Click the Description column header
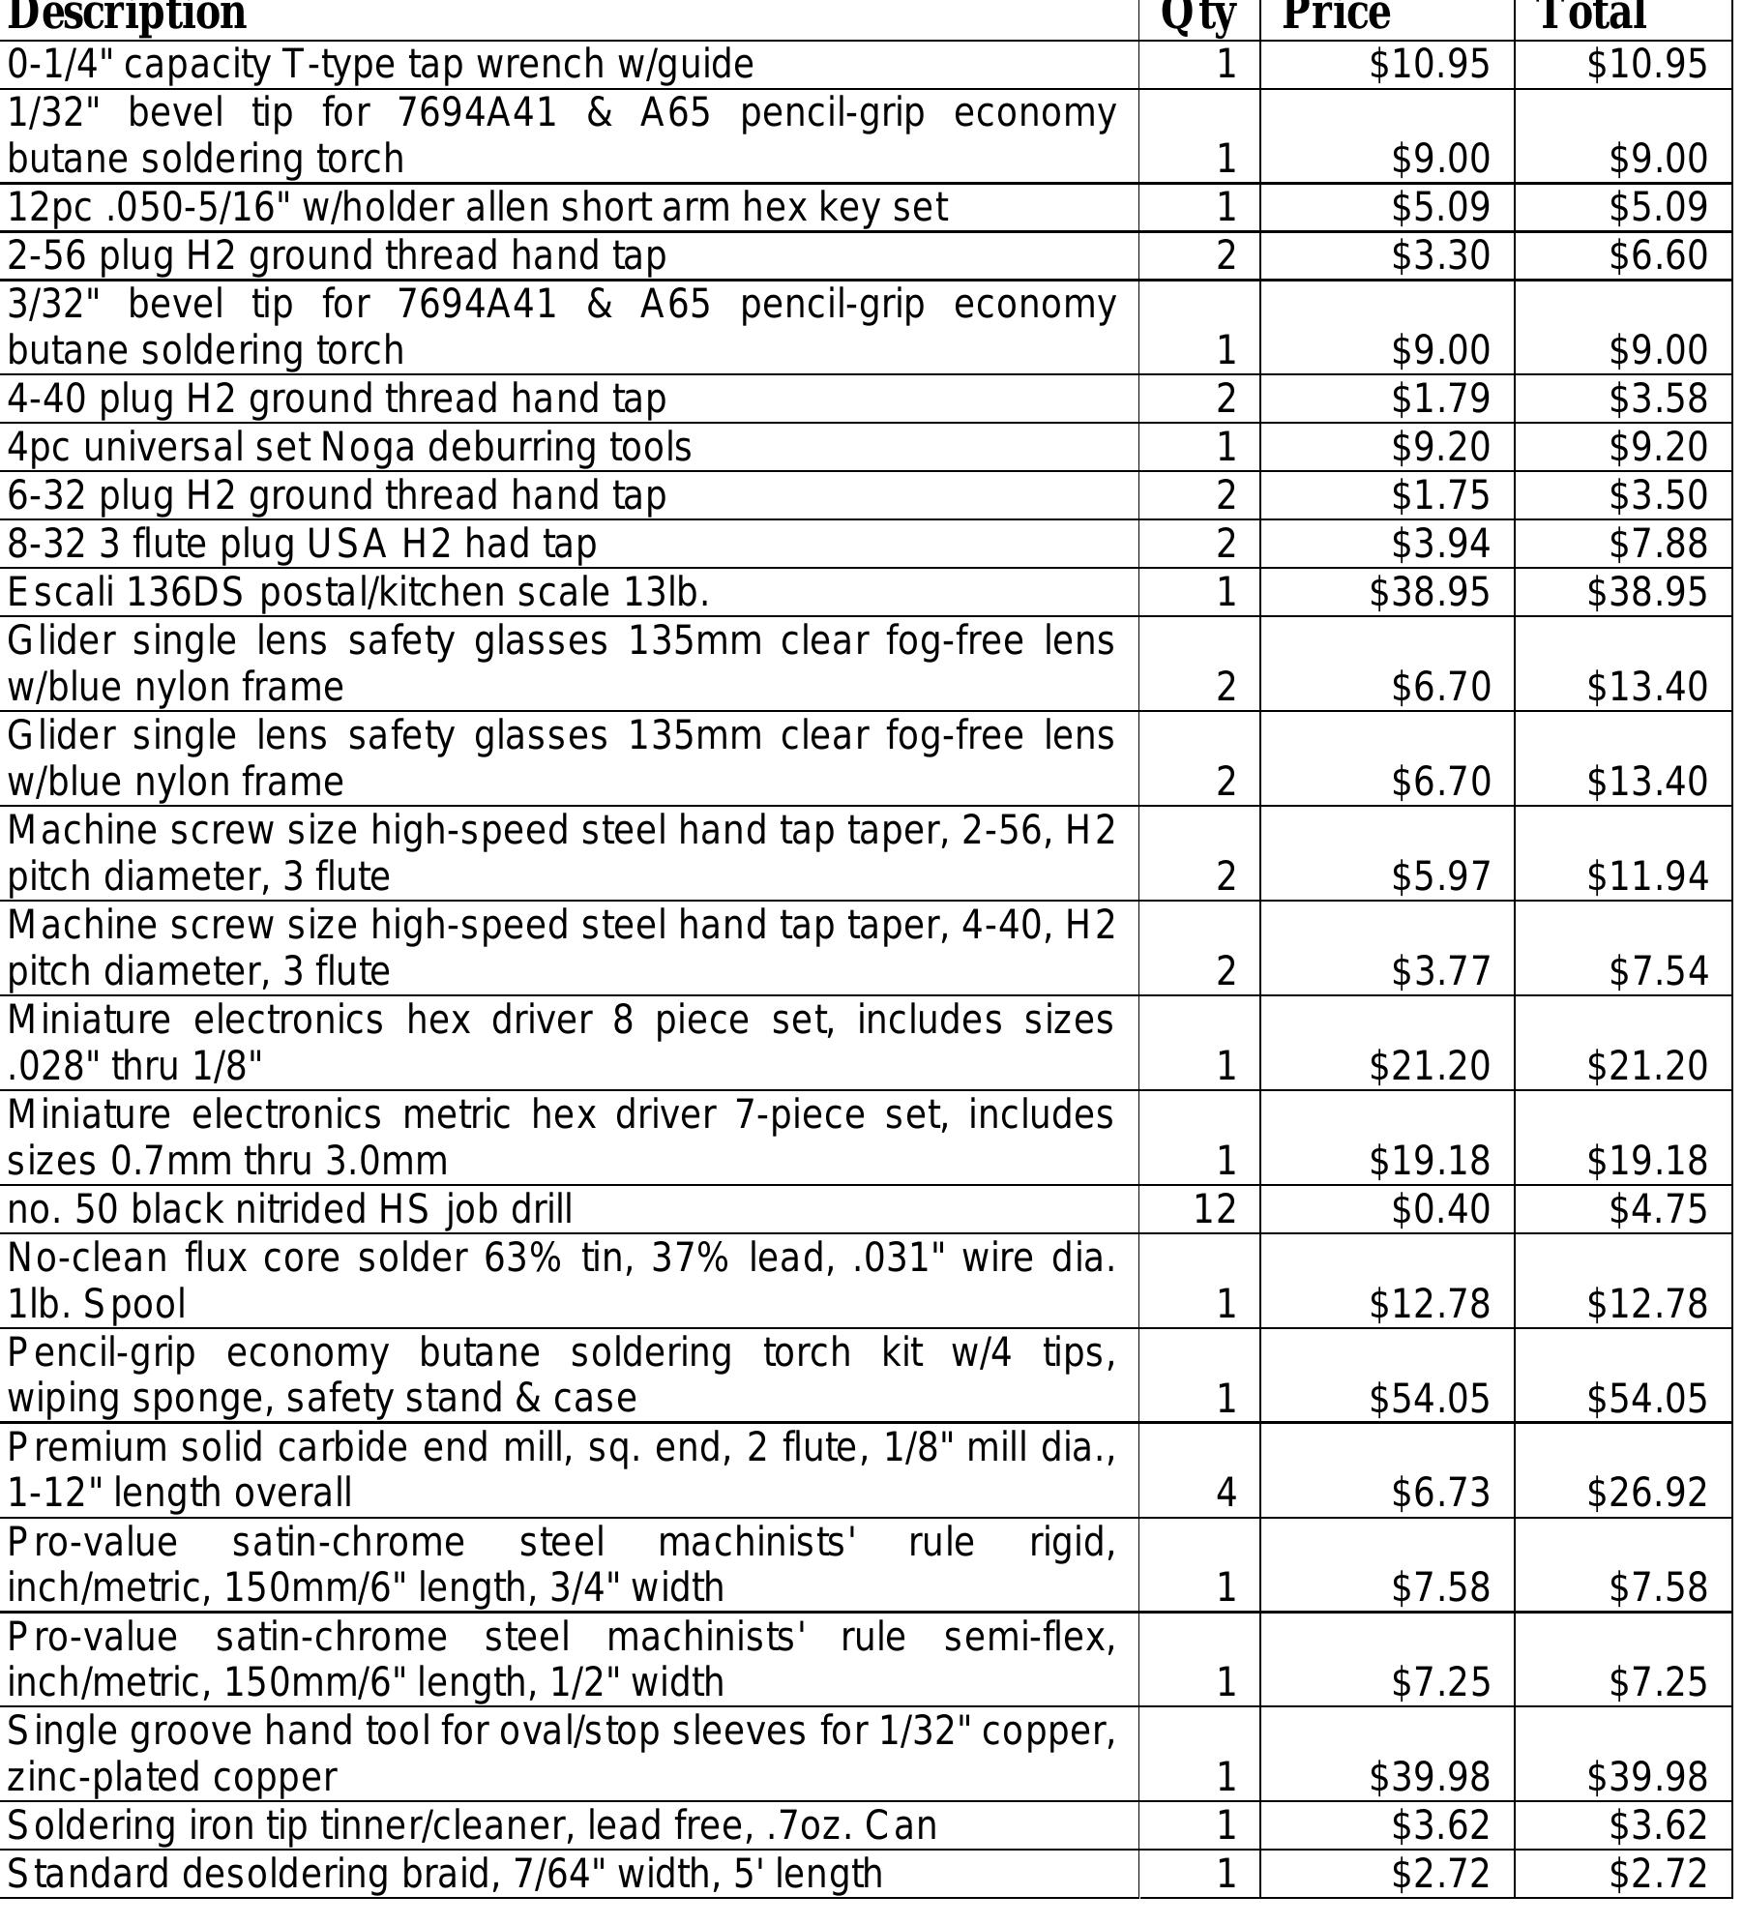tap(127, 15)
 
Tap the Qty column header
tap(1197, 15)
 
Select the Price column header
tap(1336, 15)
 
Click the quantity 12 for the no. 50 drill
tap(1215, 1210)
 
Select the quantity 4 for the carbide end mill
tap(1226, 1494)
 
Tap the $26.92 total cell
tap(1646, 1494)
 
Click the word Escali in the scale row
tap(61, 593)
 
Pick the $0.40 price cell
tap(1440, 1210)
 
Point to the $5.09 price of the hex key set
tap(1440, 208)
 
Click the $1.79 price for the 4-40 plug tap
tap(1440, 400)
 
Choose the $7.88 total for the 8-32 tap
tap(1658, 545)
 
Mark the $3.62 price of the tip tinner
tap(1440, 1825)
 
